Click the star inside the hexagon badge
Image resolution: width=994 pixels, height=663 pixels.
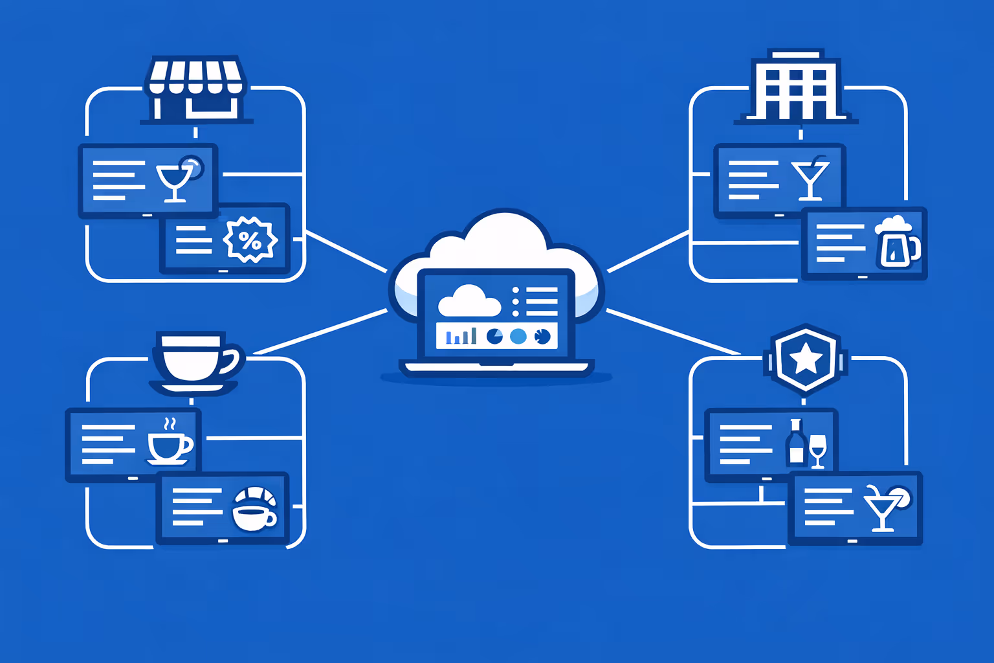(x=805, y=358)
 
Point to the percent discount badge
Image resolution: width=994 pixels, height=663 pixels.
(x=250, y=240)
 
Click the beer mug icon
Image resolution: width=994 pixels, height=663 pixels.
(x=896, y=243)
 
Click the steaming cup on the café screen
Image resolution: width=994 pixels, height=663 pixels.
(x=168, y=444)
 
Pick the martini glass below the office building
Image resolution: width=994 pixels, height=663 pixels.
(x=810, y=179)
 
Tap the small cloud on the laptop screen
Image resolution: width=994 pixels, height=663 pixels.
(x=469, y=301)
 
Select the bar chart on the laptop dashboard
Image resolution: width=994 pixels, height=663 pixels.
(x=461, y=336)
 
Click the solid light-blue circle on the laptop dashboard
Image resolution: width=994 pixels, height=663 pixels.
(x=518, y=336)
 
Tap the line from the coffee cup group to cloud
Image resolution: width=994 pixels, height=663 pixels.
(x=320, y=332)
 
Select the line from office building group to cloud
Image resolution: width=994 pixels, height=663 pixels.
(x=647, y=251)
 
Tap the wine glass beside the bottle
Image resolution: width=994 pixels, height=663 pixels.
(x=818, y=450)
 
